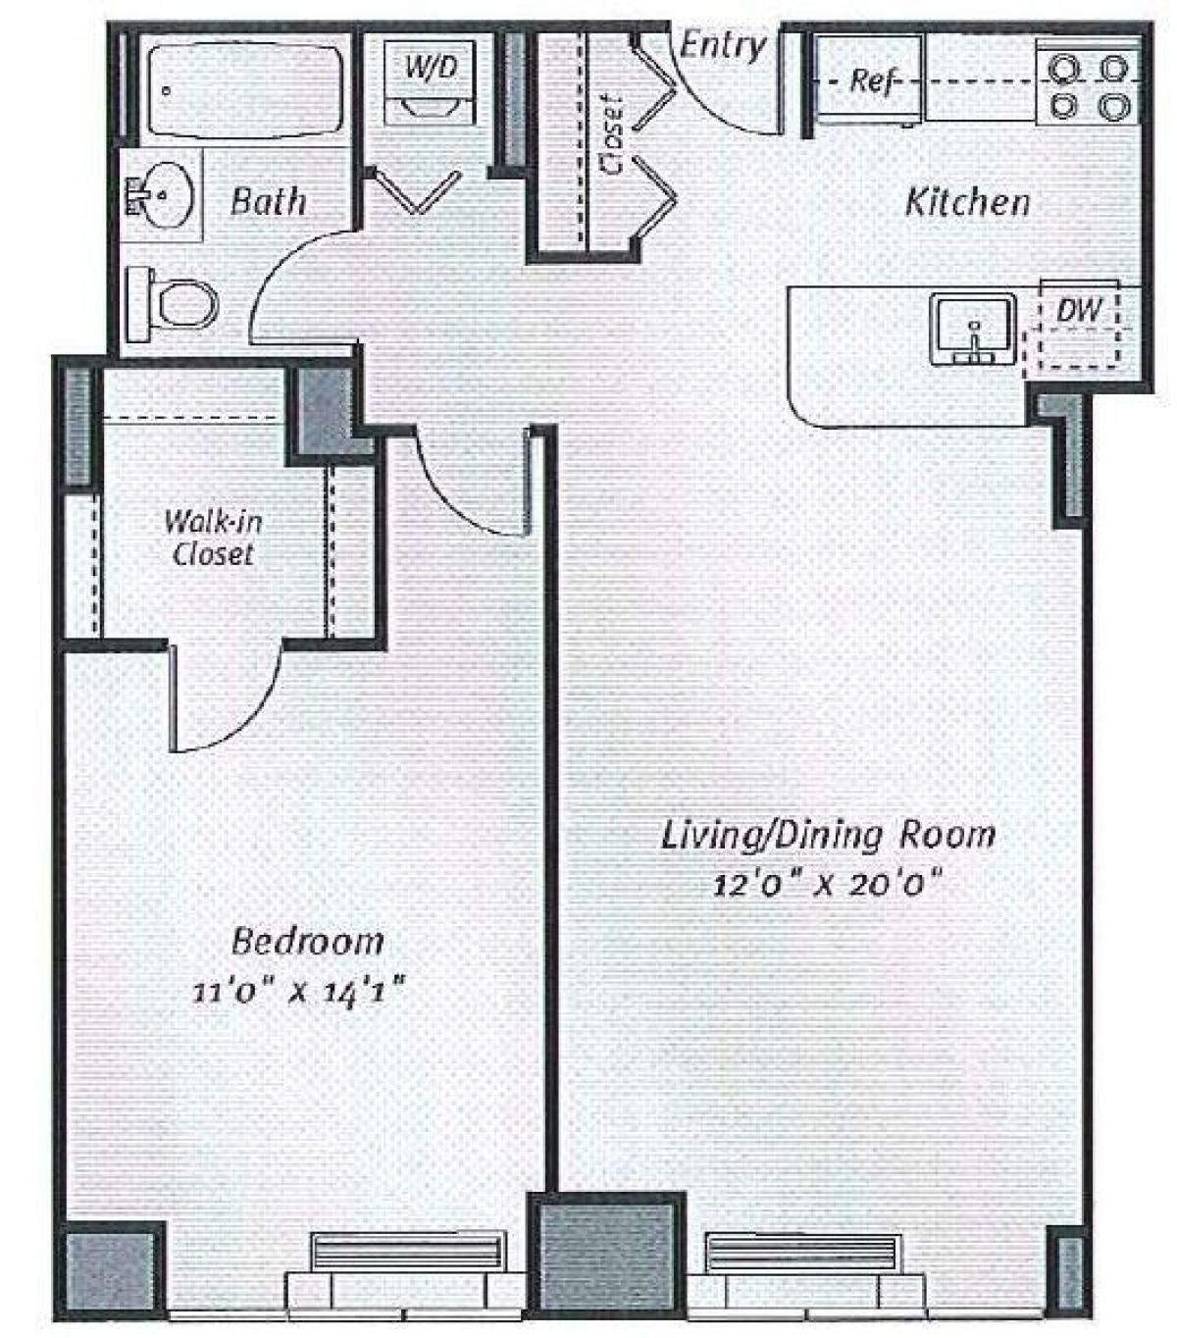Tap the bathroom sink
coord(163,194)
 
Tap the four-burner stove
coord(1087,86)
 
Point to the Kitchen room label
coord(967,202)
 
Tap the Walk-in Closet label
coord(213,537)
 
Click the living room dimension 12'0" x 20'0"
coord(827,884)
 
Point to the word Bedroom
coord(307,941)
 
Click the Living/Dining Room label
coord(827,835)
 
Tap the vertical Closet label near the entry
coord(614,134)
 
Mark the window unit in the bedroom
coord(405,1265)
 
